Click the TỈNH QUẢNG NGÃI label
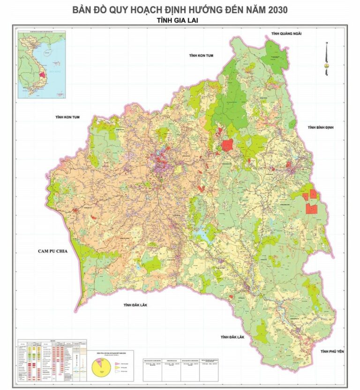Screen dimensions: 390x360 tap(285, 34)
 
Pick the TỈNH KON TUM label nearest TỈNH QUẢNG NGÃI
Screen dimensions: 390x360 tap(202, 55)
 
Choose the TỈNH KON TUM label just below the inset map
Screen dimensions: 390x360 tap(67, 117)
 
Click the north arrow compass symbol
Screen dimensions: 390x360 tap(326, 59)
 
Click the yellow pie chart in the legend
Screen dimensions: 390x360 tap(99, 367)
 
